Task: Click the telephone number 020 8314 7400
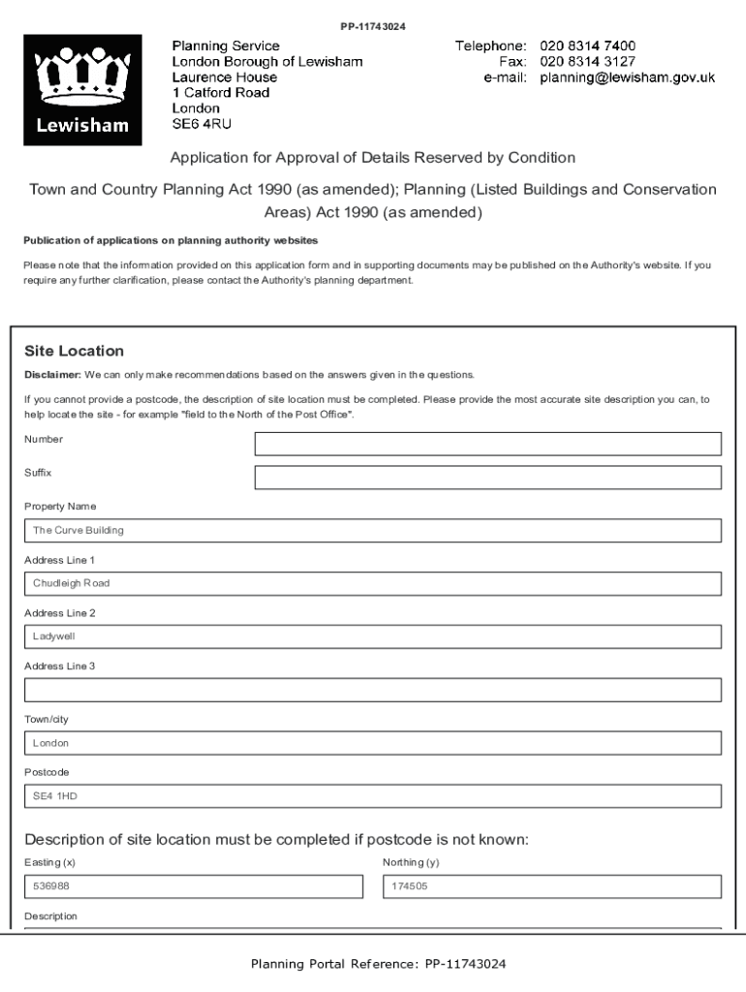pyautogui.click(x=587, y=46)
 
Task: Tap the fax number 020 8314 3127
pyautogui.click(x=587, y=62)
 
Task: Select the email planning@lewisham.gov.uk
pyautogui.click(x=627, y=77)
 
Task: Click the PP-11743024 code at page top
pyautogui.click(x=373, y=26)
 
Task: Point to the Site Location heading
pyautogui.click(x=74, y=351)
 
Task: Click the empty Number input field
pyautogui.click(x=487, y=444)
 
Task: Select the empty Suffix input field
pyautogui.click(x=487, y=478)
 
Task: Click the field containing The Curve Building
pyautogui.click(x=373, y=531)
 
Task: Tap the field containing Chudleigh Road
pyautogui.click(x=373, y=584)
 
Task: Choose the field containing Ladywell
pyautogui.click(x=373, y=636)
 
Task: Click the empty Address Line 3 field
pyautogui.click(x=373, y=690)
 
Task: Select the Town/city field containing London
pyautogui.click(x=373, y=743)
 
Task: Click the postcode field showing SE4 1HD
pyautogui.click(x=373, y=796)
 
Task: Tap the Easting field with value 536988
pyautogui.click(x=194, y=886)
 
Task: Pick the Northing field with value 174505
pyautogui.click(x=552, y=886)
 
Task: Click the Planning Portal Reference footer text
pyautogui.click(x=378, y=964)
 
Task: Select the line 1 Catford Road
pyautogui.click(x=221, y=93)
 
